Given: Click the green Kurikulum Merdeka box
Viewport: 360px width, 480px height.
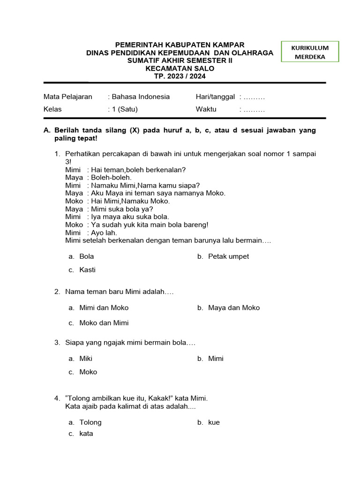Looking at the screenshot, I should click(310, 52).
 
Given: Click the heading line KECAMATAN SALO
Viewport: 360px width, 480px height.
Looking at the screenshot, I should click(180, 68).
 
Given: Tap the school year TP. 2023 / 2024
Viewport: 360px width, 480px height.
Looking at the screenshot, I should click(180, 76).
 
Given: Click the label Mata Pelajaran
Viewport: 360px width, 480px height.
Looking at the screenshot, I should click(65, 97).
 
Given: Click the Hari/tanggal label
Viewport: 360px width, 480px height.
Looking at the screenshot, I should click(215, 97).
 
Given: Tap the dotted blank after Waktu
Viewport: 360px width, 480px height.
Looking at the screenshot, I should click(254, 110).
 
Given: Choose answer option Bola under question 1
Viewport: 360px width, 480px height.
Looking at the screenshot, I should click(87, 256).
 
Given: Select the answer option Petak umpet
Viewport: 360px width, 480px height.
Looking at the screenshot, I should click(228, 256).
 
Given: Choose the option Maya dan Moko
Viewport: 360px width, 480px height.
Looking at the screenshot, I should click(233, 308).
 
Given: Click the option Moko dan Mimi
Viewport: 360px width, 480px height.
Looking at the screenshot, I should click(104, 323).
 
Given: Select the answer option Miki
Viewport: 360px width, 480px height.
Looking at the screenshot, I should click(86, 359).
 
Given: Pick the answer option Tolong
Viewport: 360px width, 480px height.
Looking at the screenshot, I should click(90, 422).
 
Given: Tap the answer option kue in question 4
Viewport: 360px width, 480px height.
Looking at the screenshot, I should click(214, 422).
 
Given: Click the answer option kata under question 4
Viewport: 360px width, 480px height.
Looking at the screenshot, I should click(86, 434).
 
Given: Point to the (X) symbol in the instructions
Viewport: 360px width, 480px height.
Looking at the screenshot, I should click(134, 130).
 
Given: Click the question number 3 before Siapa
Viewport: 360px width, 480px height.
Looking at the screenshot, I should click(57, 343).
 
